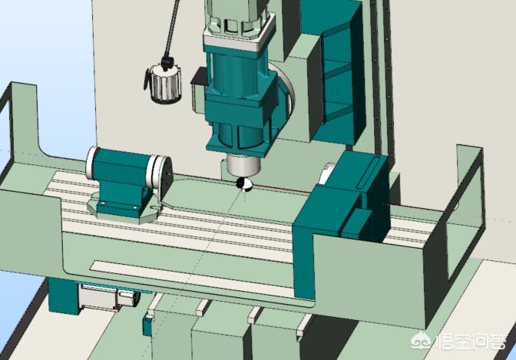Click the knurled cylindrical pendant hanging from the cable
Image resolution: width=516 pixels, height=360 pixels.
pyautogui.click(x=164, y=84)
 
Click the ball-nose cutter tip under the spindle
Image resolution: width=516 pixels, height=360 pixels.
pyautogui.click(x=244, y=184)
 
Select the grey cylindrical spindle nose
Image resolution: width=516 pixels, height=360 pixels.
pyautogui.click(x=244, y=166)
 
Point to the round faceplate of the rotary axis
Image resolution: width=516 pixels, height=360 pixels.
pyautogui.click(x=164, y=173)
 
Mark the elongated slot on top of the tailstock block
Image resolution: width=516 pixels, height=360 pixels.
pyautogui.click(x=368, y=173)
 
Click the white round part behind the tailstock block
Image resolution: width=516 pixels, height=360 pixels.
pyautogui.click(x=326, y=174)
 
